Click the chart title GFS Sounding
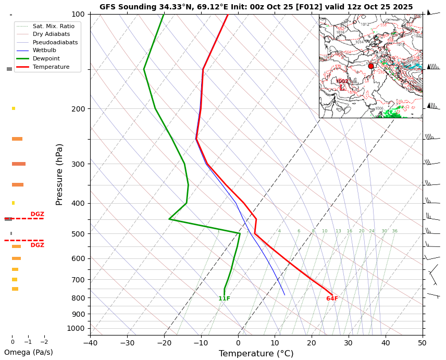256,7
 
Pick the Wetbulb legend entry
44,51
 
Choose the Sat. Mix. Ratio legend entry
53,26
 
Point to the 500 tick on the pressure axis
78,234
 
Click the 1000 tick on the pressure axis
76,328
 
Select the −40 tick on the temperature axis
90,343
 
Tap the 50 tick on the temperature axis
422,343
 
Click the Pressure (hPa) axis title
59,174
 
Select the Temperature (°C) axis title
256,354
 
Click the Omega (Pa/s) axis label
29,352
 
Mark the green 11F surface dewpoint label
224,299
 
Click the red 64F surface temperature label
332,299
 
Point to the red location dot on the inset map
371,66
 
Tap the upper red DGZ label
37,214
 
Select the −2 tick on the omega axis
44,342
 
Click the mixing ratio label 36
394,231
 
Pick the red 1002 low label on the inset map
342,81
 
